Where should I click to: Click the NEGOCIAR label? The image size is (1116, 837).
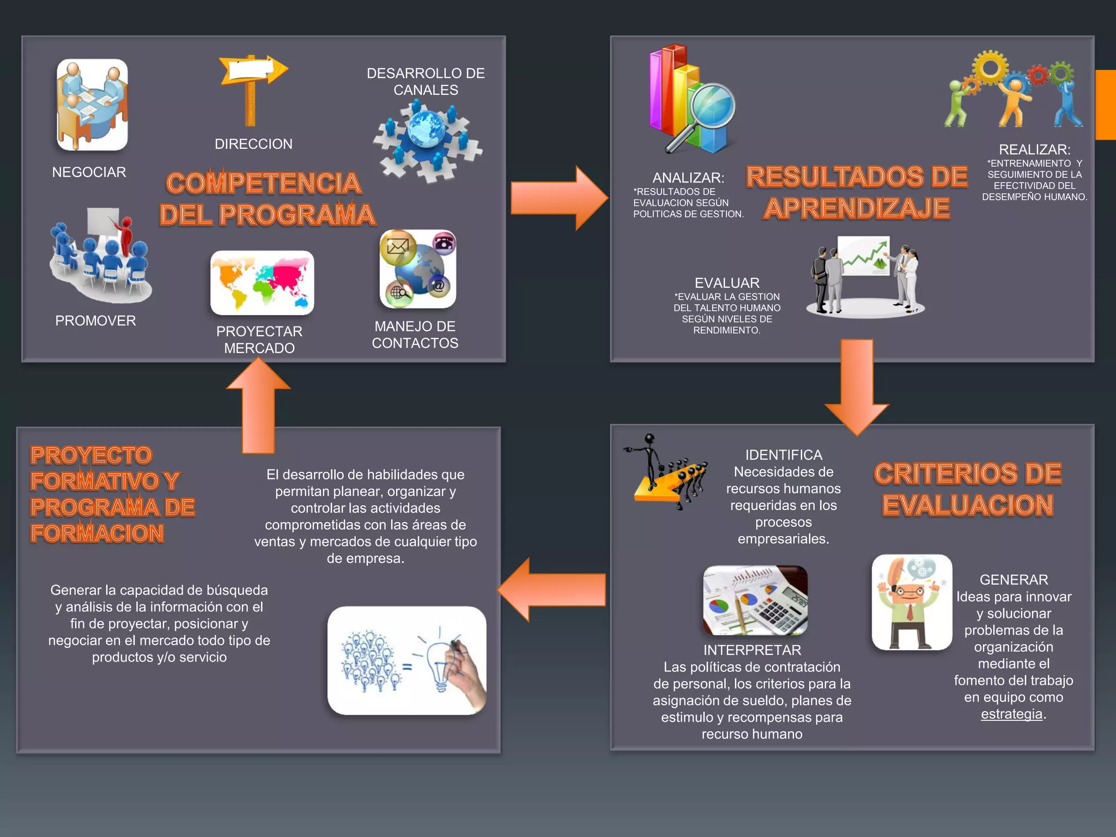coord(89,172)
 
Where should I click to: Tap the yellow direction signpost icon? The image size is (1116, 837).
coord(252,87)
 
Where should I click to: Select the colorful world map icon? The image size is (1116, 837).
coord(262,283)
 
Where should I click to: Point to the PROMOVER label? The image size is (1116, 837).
coord(95,321)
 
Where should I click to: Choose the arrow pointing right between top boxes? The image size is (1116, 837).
coord(558,198)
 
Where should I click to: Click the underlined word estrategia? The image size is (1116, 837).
coord(1011,714)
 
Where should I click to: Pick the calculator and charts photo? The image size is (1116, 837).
coord(755,601)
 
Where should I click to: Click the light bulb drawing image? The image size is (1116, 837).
coord(407,660)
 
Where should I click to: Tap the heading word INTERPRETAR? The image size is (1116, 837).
coord(752,650)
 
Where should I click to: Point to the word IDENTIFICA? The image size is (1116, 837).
coord(784,455)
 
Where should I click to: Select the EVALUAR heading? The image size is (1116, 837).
coord(727,283)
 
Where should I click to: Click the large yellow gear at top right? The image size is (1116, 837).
coord(990,69)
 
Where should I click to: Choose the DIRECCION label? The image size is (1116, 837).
coord(253,144)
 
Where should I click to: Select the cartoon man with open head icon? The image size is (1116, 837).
coord(912,602)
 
